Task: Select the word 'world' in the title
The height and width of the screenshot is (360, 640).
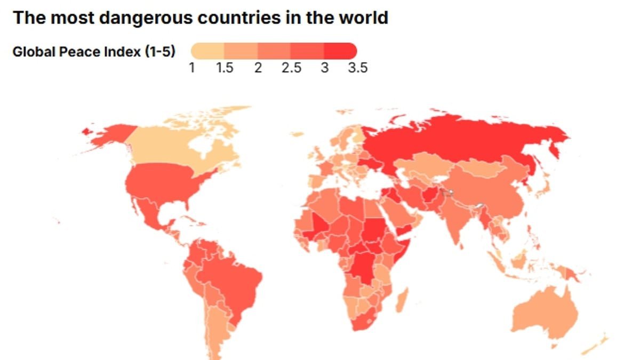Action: [366, 18]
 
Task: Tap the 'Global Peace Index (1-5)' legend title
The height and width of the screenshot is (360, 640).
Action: [94, 52]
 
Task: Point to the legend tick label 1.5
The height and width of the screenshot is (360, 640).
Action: [225, 68]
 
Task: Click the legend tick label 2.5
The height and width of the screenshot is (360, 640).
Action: [291, 68]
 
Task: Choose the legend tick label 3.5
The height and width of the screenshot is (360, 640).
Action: [356, 68]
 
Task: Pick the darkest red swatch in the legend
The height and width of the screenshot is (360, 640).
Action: [341, 51]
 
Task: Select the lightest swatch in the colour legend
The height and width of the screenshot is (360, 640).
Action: [207, 51]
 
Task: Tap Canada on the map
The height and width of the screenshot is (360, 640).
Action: [176, 147]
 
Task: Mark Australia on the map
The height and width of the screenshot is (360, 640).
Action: [544, 315]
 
